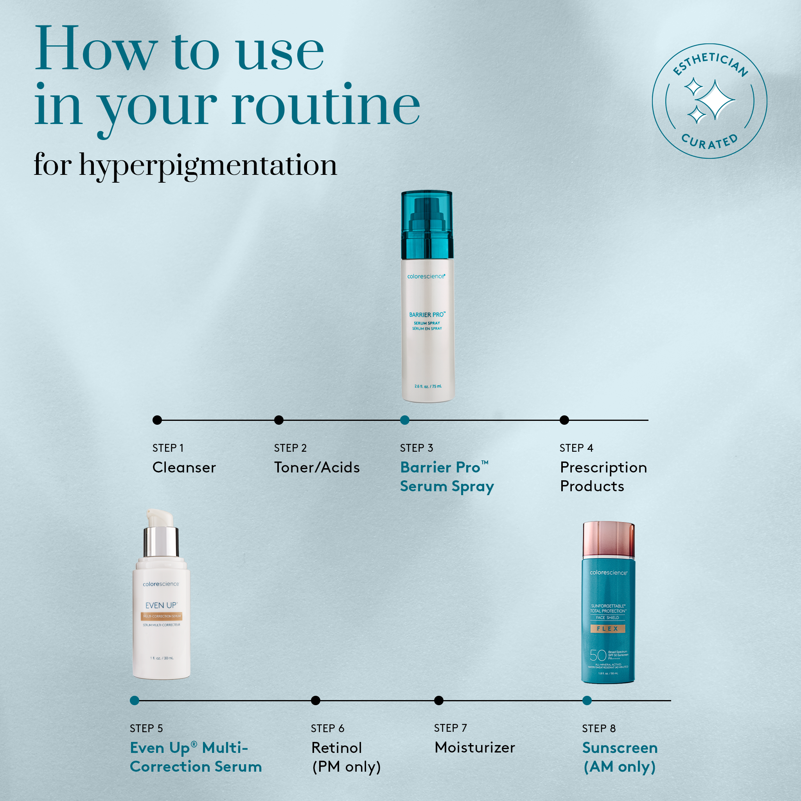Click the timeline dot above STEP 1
(157, 420)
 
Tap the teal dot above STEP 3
(405, 420)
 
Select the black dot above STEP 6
(316, 700)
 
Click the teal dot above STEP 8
(587, 700)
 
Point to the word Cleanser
(184, 467)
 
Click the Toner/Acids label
(317, 467)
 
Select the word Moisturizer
(475, 747)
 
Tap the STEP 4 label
(576, 448)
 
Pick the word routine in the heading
(325, 106)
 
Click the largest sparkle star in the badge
(714, 99)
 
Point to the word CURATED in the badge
(709, 142)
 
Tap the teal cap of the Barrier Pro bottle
(427, 224)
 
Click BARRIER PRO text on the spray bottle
(427, 315)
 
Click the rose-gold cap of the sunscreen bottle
(608, 539)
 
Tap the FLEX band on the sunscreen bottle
(607, 629)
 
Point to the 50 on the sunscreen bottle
(598, 655)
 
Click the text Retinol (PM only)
(346, 757)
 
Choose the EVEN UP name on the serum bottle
(161, 605)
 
